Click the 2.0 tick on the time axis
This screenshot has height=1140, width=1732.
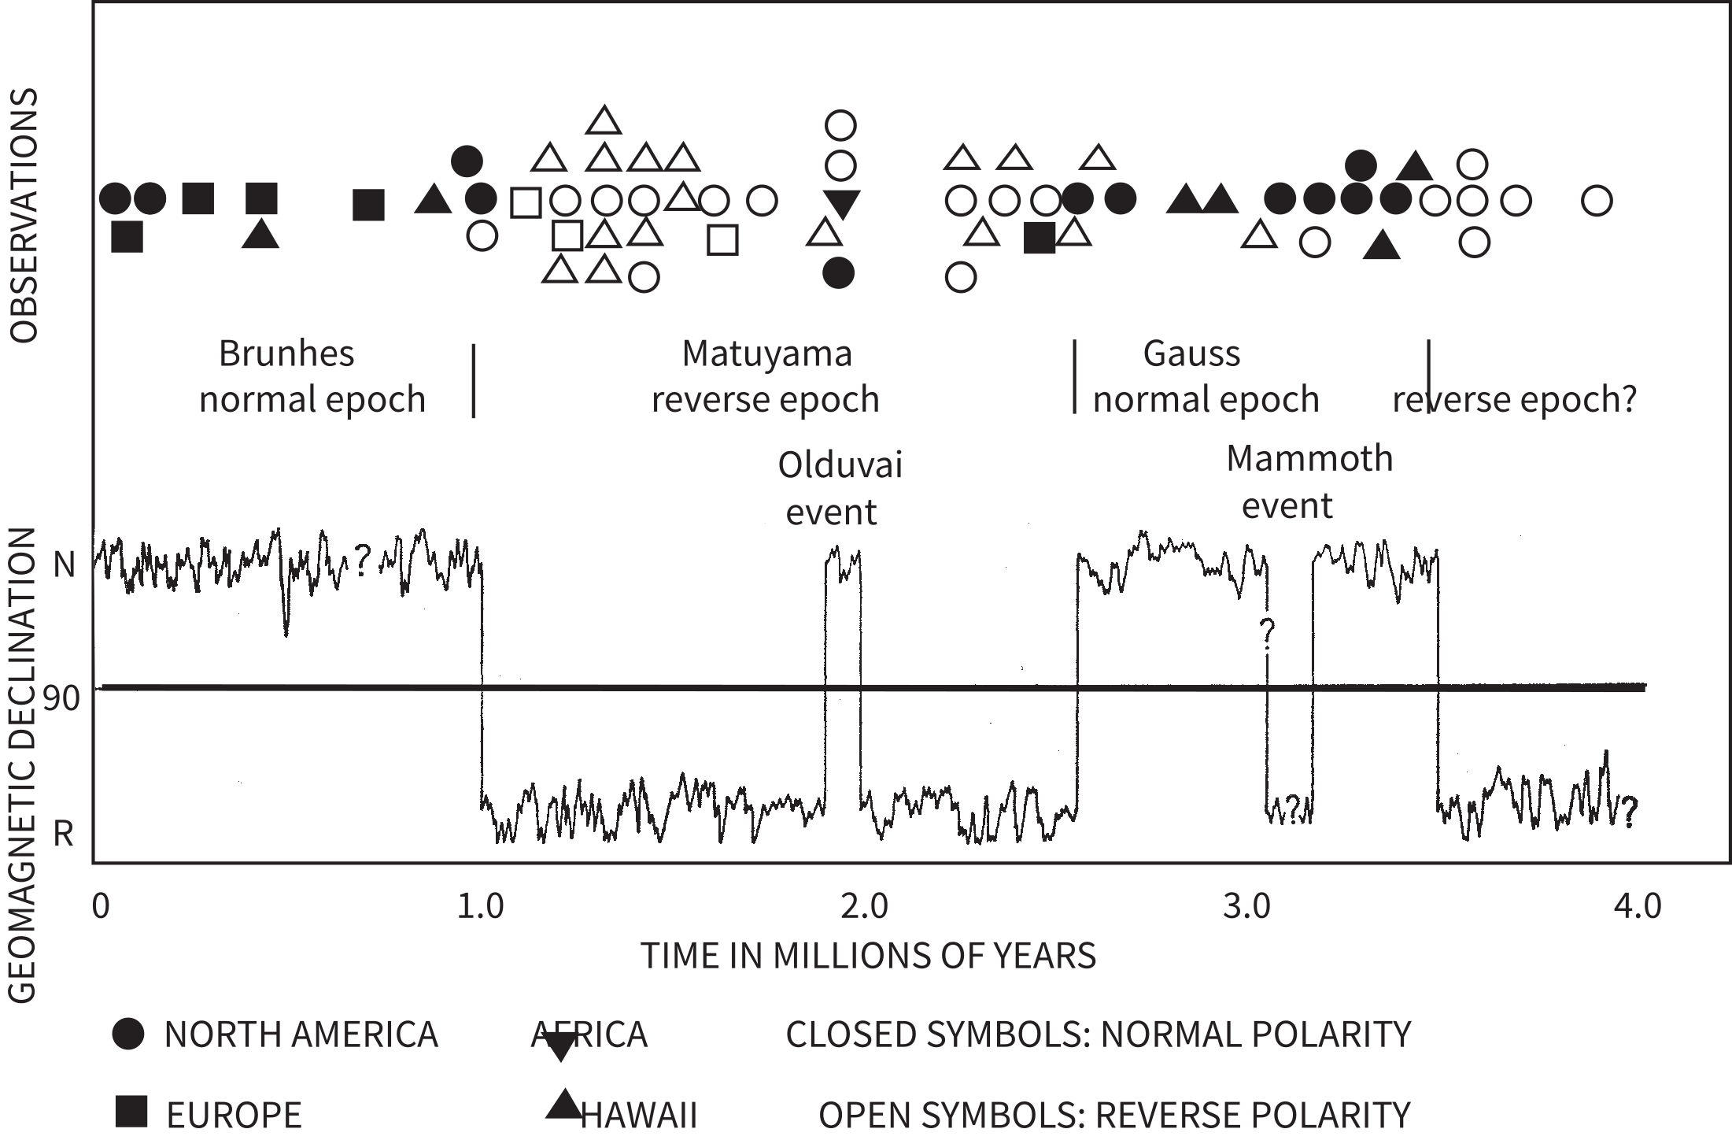[x=863, y=907]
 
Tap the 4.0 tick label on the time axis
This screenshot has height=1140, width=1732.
[x=1637, y=907]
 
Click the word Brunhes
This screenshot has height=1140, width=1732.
[x=286, y=353]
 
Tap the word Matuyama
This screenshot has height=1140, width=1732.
[x=766, y=353]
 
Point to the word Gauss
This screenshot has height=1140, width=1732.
[x=1191, y=353]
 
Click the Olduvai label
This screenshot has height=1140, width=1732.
[x=840, y=465]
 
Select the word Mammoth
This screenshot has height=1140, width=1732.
[x=1309, y=458]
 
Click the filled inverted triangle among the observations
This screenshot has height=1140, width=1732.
[x=841, y=204]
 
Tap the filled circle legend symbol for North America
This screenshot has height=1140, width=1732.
[x=128, y=1034]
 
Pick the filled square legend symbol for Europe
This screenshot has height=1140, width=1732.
[x=131, y=1112]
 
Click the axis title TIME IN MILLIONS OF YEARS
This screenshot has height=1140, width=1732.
[x=868, y=956]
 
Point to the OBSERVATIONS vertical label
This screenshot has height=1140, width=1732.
[x=25, y=214]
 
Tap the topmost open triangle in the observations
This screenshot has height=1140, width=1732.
[x=604, y=120]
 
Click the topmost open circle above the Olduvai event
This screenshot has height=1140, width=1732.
[x=840, y=124]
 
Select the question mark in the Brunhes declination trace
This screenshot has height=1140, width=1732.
[x=361, y=561]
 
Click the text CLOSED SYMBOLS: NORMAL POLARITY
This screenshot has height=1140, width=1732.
[x=1098, y=1035]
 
